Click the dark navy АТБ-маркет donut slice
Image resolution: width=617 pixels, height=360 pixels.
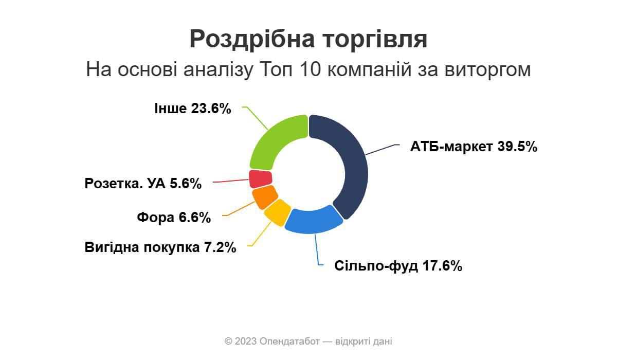point(350,165)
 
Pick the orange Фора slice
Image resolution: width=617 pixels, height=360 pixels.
point(264,196)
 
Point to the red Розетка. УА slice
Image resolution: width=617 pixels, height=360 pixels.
point(260,178)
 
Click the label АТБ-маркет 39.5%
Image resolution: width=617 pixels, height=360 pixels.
point(474,147)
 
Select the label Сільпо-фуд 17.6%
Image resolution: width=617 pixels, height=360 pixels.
point(398,266)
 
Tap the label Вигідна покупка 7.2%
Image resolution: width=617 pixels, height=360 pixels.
point(160,247)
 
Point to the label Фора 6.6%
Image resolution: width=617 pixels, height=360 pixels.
point(174,218)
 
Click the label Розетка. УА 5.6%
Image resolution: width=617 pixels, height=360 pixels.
point(143,184)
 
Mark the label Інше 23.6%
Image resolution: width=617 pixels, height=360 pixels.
point(193,109)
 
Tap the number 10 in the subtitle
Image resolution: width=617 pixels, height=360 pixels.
point(308,69)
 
